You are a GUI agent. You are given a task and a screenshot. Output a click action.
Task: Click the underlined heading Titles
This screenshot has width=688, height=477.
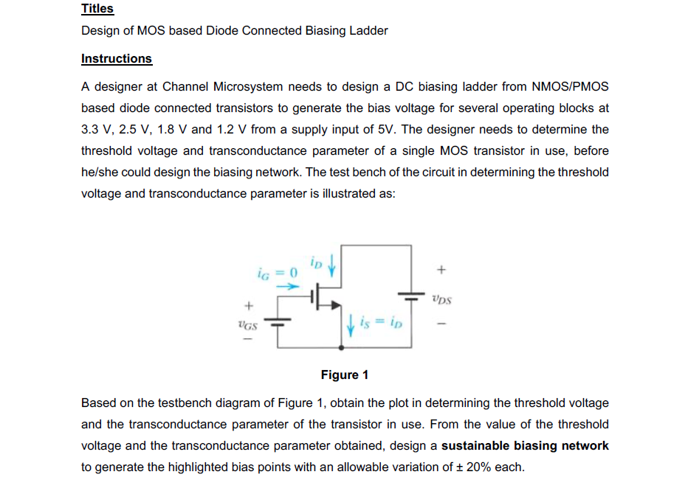coord(97,9)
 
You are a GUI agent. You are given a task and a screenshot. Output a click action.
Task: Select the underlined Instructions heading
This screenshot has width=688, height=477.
coord(117,59)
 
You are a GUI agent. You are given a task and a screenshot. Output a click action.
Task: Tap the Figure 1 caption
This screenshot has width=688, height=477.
coord(345,375)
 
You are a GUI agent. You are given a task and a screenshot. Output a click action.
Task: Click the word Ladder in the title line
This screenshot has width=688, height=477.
coord(369,31)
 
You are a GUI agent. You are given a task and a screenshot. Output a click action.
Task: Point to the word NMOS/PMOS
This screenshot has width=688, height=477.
coord(570,87)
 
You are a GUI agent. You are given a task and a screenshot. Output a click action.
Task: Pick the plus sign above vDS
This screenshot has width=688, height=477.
coord(441,271)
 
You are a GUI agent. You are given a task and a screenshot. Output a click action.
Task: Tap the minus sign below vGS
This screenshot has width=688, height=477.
coord(248,340)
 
